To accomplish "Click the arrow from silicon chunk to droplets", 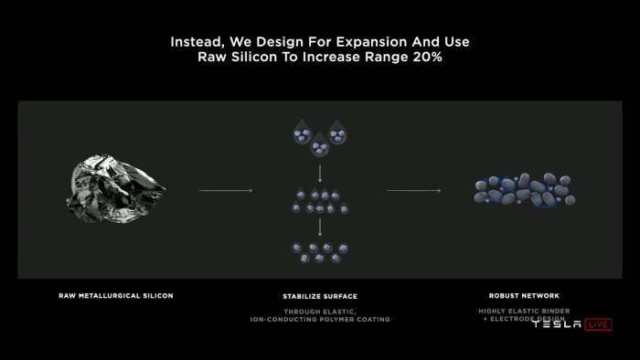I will pos(225,191).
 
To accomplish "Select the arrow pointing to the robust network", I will pos(413,191).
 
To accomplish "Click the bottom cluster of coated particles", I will pos(318,252).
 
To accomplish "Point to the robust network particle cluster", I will pos(524,190).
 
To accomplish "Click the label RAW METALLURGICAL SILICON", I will pos(115,296).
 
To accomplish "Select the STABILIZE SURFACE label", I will pos(319,297).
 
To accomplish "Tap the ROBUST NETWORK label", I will pos(524,296).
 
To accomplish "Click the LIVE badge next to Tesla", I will pos(598,324).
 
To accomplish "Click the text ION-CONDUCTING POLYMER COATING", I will pos(320,320).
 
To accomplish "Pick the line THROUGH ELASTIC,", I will pos(319,312).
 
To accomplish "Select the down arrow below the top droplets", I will pos(319,172).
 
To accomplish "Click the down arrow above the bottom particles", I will pos(319,227).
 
